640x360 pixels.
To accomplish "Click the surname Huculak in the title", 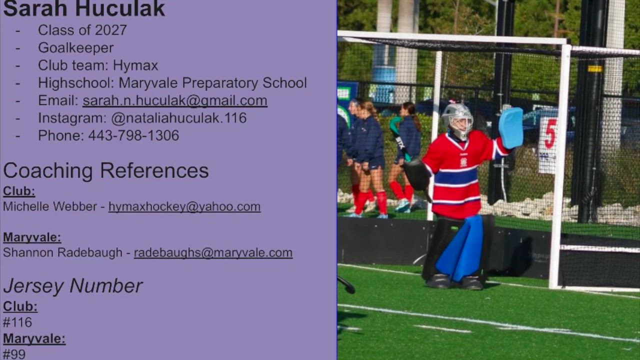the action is point(120,8).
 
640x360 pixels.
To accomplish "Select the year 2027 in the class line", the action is point(111,30).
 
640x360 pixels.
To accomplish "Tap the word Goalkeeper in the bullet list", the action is point(75,47).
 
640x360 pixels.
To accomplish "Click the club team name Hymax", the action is point(135,65).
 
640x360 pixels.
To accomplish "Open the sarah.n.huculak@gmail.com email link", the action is point(175,100).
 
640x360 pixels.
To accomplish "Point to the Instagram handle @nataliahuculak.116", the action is point(179,118).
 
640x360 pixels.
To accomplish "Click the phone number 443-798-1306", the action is point(133,135).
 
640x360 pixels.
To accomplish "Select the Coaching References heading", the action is point(105,171).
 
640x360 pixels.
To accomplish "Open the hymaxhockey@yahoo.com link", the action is point(184,207).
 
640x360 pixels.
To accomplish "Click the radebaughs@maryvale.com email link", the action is point(213,253).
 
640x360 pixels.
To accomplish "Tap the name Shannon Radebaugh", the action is point(62,253).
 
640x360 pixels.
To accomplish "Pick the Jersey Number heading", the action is point(73,285).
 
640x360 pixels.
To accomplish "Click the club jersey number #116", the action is point(17,322).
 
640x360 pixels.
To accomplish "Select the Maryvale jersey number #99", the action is point(14,354).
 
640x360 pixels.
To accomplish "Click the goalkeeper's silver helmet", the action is point(458,121).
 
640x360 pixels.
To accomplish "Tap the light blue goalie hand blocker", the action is point(511,128).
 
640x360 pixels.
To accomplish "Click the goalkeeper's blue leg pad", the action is point(460,248).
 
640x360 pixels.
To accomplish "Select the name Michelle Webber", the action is point(50,207).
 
